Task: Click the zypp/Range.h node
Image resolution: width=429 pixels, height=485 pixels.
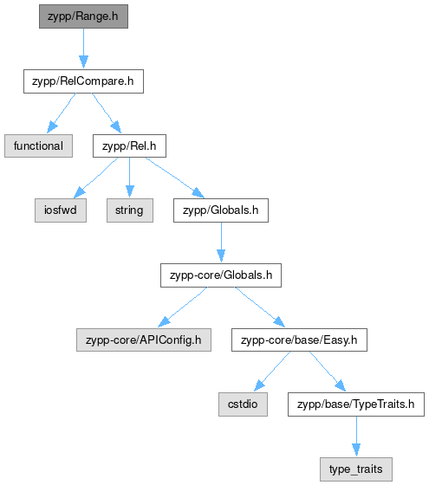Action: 83,16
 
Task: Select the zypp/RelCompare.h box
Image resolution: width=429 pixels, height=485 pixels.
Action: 83,81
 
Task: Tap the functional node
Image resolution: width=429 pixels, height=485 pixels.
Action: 38,146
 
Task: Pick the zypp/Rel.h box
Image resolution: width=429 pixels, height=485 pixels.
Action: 129,146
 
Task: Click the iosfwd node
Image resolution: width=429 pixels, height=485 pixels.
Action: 61,210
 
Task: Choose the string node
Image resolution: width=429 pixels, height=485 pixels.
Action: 130,210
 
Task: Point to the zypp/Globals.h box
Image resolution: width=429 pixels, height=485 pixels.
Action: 221,210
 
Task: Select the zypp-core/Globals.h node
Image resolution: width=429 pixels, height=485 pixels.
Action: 221,275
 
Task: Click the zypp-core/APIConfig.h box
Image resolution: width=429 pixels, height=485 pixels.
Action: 144,339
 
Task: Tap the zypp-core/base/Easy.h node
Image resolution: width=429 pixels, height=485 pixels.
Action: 299,339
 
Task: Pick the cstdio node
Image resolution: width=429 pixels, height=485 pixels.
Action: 243,404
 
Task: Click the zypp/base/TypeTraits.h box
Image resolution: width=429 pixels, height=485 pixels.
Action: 356,404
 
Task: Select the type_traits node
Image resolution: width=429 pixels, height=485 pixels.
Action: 356,469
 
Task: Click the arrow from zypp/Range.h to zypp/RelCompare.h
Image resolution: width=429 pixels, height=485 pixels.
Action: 83,48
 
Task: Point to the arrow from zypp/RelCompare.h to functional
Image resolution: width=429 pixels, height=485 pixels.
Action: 61,113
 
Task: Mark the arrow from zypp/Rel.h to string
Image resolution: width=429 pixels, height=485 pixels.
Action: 130,178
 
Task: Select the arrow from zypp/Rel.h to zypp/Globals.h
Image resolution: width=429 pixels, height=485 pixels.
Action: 175,178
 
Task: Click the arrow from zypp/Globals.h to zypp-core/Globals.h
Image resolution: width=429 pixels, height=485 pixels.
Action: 221,242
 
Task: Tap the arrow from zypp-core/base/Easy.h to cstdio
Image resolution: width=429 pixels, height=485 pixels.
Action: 272,372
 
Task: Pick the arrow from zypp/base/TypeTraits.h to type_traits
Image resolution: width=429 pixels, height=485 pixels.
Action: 356,436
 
